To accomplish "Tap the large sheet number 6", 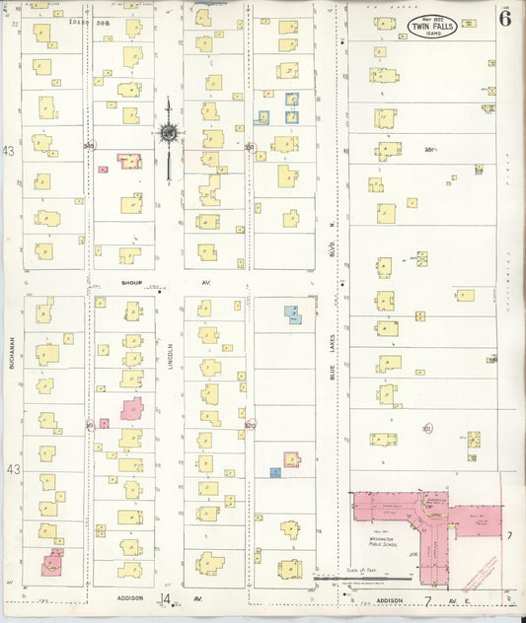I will coord(504,19).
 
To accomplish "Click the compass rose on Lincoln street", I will coord(169,131).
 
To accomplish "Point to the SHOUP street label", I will coord(132,283).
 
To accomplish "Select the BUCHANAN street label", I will coord(13,353).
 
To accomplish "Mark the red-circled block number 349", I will coord(90,147).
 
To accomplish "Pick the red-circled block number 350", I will coord(250,148).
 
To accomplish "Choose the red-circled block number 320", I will coord(250,425).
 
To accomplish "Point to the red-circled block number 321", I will coord(427,429).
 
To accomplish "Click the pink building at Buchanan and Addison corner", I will coord(51,564).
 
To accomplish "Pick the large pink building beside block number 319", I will coord(131,410).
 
